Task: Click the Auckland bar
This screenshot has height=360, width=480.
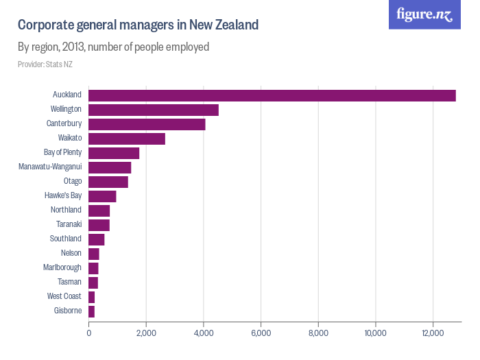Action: [x=272, y=95]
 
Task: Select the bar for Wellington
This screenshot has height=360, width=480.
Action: [x=154, y=110]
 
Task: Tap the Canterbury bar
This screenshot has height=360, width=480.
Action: [x=147, y=124]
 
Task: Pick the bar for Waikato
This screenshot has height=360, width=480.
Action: [x=127, y=139]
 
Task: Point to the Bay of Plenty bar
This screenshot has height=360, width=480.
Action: [x=114, y=153]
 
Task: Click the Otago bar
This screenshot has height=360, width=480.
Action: [x=108, y=182]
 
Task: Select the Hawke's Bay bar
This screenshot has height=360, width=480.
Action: [x=102, y=196]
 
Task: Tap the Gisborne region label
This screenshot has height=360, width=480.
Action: [x=68, y=311]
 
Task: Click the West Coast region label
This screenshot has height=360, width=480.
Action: [x=64, y=296]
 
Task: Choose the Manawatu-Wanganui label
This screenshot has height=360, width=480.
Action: [x=50, y=167]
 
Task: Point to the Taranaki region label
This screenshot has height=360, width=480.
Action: [x=69, y=224]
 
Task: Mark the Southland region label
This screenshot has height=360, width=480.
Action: [x=66, y=239]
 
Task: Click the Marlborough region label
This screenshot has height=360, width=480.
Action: [x=63, y=267]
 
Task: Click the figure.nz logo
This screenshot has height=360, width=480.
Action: [x=424, y=14]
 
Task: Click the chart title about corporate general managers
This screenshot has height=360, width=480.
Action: [x=138, y=25]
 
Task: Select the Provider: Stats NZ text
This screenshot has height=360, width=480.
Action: [x=45, y=64]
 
